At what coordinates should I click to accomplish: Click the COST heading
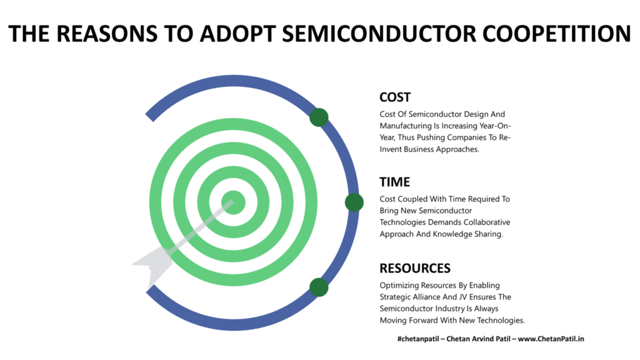395,97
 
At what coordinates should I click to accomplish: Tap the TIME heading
395,182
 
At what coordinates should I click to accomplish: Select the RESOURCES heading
415,268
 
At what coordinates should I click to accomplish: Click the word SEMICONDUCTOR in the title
379,34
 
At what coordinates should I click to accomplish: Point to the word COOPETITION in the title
557,34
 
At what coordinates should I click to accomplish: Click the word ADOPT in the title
237,34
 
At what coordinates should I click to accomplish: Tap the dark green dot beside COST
319,117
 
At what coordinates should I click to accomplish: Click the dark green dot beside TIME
354,202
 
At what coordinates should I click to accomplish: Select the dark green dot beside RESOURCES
319,287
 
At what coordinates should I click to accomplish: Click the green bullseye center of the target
234,202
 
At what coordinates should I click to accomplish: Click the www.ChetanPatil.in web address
551,339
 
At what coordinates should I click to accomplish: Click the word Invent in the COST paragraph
391,149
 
